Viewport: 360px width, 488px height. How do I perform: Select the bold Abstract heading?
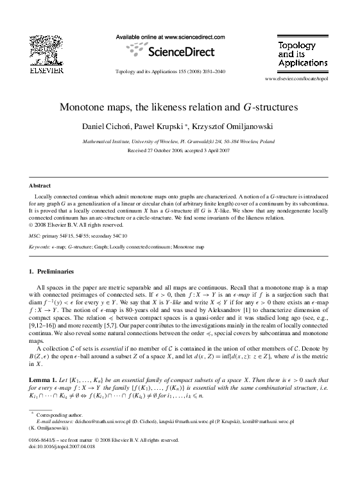(x=40, y=186)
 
